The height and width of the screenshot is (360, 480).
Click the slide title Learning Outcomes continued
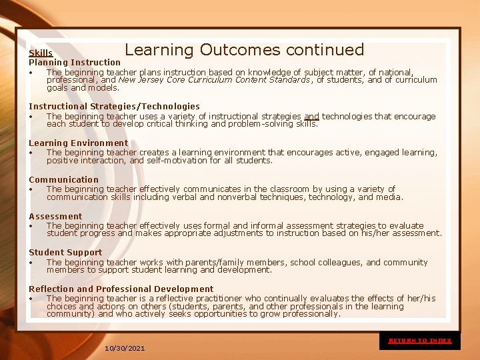[244, 50]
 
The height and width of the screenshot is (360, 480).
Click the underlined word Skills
[41, 53]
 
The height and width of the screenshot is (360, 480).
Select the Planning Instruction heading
[75, 63]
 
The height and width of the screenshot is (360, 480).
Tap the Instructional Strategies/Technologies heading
[114, 107]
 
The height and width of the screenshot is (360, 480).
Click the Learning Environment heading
[78, 143]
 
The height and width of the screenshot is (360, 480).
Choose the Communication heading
[63, 180]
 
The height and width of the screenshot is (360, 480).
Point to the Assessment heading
[55, 217]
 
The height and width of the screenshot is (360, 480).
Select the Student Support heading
[65, 253]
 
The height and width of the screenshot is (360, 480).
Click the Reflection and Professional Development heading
[121, 289]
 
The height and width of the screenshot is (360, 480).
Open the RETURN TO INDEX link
[420, 341]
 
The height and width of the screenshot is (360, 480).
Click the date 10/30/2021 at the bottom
[125, 349]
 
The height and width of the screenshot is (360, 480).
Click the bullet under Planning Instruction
[31, 73]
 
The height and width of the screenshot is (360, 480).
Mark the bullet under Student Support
[31, 263]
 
